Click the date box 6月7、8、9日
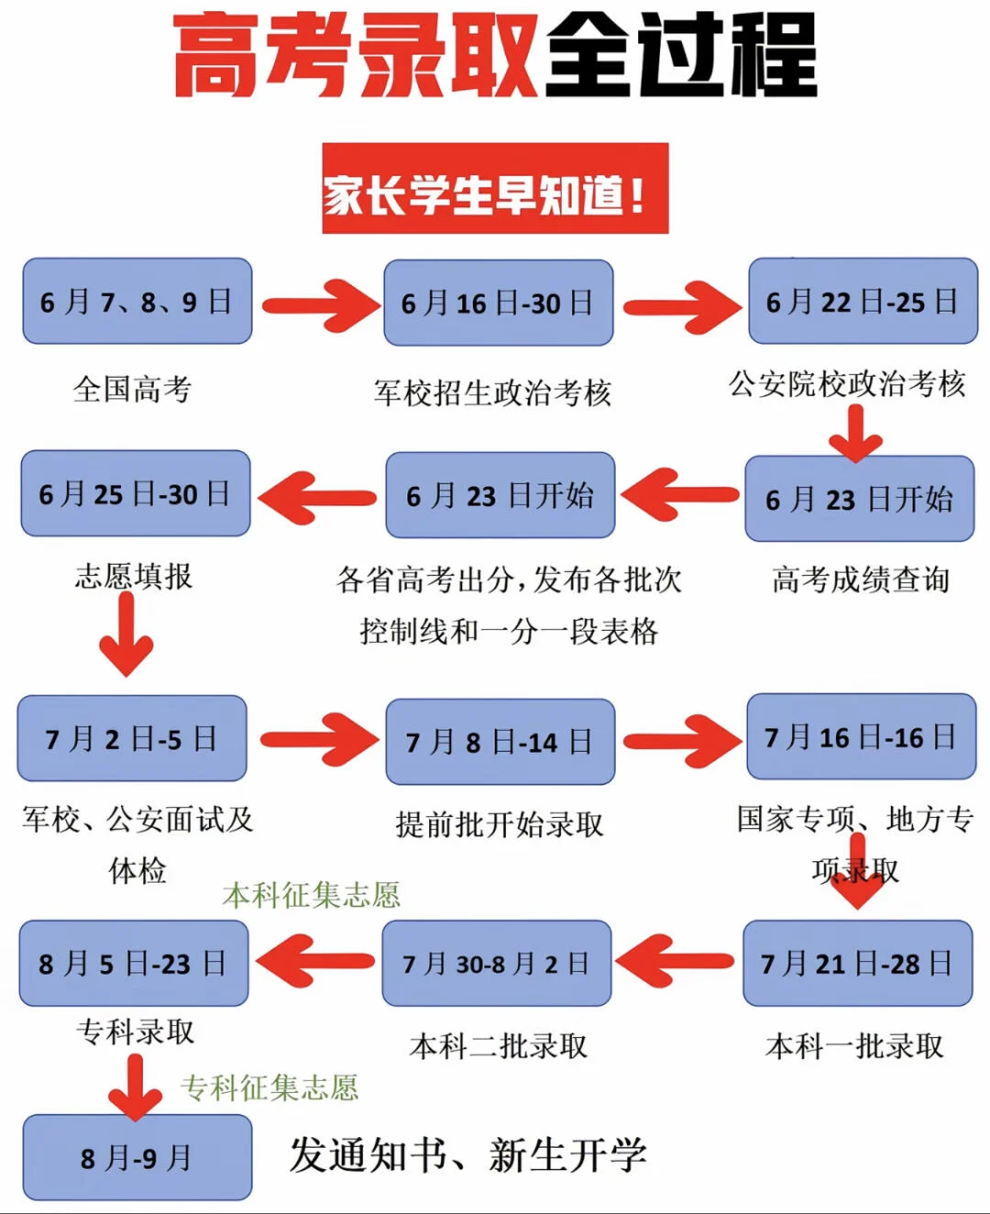(x=137, y=301)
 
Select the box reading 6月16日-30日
(x=499, y=303)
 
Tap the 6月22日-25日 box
(x=863, y=301)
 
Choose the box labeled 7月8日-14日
(x=500, y=742)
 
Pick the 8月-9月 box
(x=137, y=1157)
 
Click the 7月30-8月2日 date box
(x=497, y=963)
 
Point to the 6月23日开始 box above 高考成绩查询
(x=859, y=499)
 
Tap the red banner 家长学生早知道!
(x=495, y=188)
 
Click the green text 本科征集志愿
(x=312, y=896)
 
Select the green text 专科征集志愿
(x=269, y=1087)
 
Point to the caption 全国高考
(x=132, y=389)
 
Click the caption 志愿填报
(x=134, y=576)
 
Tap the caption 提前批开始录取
(x=500, y=825)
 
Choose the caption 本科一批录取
(x=854, y=1046)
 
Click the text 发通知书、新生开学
(x=467, y=1154)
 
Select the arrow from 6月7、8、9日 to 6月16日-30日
(x=320, y=305)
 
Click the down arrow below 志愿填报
(x=126, y=635)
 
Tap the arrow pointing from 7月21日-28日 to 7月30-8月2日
(x=675, y=961)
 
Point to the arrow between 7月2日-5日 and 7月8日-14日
(x=319, y=740)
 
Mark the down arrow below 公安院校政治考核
(x=855, y=434)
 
